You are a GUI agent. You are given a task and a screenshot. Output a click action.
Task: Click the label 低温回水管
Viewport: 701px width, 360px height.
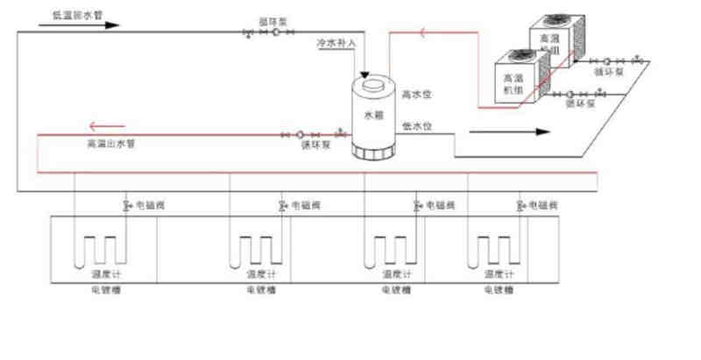pyautogui.click(x=71, y=15)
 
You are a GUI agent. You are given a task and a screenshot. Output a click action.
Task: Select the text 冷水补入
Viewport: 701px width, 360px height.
pyautogui.click(x=335, y=42)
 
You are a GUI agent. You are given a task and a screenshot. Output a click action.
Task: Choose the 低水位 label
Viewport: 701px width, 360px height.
pyautogui.click(x=416, y=126)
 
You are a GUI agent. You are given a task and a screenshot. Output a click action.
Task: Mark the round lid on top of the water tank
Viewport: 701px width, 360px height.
pyautogui.click(x=373, y=84)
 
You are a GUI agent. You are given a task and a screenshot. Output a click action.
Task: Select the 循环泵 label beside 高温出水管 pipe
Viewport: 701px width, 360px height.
pyautogui.click(x=315, y=146)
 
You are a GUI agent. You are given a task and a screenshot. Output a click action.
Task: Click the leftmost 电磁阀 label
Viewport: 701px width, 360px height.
pyautogui.click(x=149, y=206)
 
